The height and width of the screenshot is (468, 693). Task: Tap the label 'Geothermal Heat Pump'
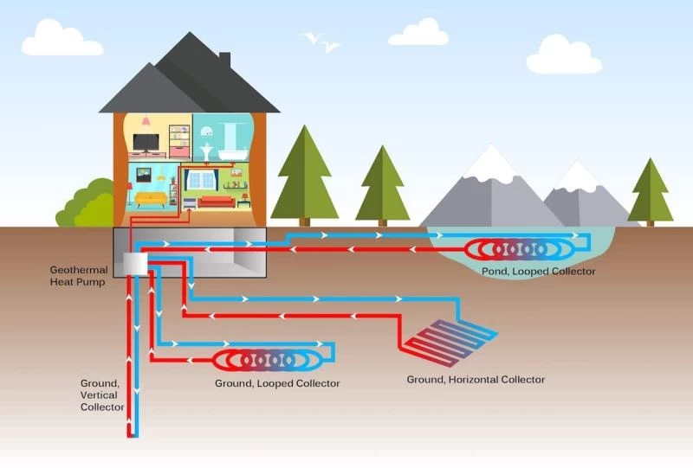coord(79,275)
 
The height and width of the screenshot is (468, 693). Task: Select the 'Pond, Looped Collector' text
coord(539,272)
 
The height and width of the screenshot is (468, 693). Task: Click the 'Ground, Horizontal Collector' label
coord(476,379)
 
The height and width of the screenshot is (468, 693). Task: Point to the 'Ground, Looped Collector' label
coord(277,382)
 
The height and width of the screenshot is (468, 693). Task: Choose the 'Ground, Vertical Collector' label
coord(102,394)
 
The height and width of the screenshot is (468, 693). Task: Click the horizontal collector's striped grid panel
coord(450,339)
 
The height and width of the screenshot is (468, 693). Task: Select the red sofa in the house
coord(216,202)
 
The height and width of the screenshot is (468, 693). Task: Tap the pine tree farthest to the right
coord(650,192)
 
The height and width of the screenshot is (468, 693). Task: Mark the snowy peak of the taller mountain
coord(492,163)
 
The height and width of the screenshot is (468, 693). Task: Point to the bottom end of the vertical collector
coord(133,433)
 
